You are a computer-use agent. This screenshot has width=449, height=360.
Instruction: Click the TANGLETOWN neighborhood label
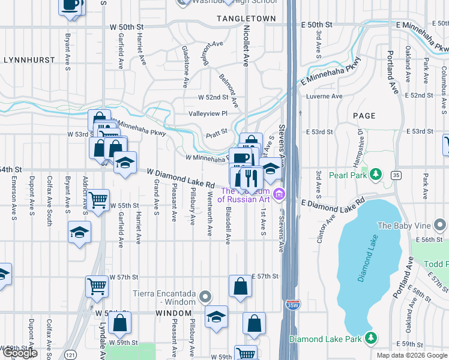246,19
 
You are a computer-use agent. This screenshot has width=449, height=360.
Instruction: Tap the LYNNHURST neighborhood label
29,61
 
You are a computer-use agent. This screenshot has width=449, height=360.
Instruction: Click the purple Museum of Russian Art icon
278,193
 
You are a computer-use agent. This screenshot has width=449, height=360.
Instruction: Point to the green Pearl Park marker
376,175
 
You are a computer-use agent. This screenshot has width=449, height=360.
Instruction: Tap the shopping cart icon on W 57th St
97,286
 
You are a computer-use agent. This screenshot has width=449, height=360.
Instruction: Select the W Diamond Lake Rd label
181,177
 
